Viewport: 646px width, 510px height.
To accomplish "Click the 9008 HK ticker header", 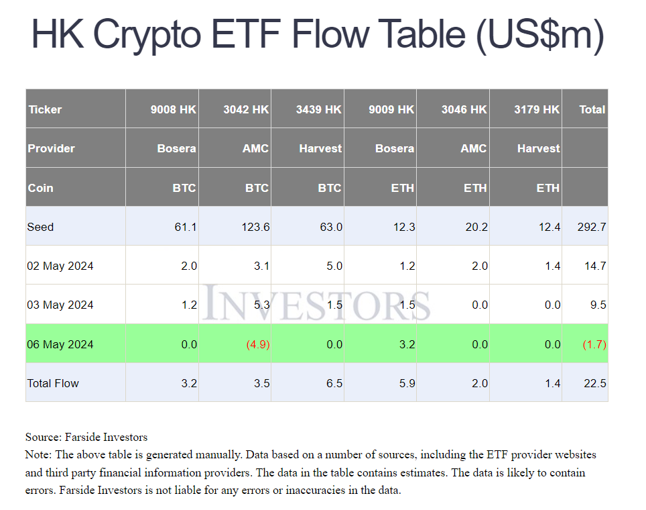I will pos(173,109).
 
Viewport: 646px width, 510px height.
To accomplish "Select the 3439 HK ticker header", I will pos(318,109).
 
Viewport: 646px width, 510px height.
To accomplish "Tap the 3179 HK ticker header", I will pos(536,109).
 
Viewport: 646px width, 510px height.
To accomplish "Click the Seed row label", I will pos(40,227).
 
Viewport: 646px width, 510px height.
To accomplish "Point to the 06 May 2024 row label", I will pos(60,344).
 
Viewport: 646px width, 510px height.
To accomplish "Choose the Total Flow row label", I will pos(53,383).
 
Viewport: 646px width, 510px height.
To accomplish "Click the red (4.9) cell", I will pos(257,344).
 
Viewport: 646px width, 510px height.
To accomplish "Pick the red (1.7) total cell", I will pos(595,344).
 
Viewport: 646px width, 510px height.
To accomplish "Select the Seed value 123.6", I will pos(255,227).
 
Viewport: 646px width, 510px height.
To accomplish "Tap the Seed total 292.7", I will pos(591,227).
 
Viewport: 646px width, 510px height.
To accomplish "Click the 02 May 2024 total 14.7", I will pos(595,266).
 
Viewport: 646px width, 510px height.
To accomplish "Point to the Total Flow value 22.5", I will pos(595,383).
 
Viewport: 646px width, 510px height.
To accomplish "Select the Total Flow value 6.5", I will pos(332,383).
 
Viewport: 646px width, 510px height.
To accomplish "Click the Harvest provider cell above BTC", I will pos(320,148).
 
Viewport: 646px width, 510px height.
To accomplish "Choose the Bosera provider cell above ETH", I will pos(394,148).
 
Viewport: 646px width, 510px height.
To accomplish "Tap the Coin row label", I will pos(40,188).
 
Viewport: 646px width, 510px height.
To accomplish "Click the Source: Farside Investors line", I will pos(86,438).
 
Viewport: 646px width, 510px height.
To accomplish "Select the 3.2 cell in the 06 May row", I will pos(406,344).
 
